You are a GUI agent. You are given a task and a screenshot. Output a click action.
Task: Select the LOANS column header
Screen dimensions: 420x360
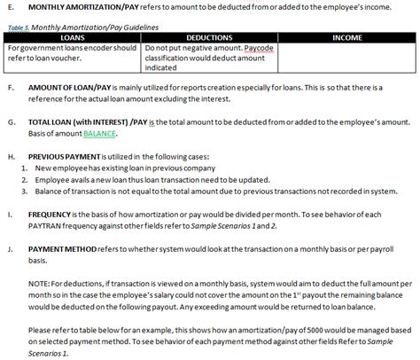(74, 38)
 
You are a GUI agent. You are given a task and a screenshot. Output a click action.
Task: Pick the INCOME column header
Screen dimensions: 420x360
(346, 38)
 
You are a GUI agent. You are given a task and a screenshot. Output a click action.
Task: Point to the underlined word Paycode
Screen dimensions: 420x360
(260, 48)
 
